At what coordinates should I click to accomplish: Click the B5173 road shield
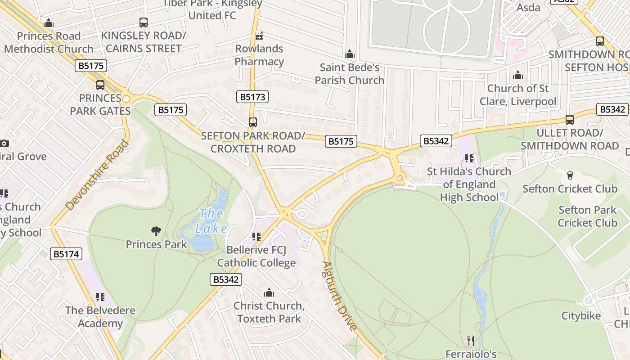tap(252, 97)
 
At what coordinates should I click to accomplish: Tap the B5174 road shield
tap(66, 254)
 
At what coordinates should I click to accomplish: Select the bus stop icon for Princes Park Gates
tap(100, 85)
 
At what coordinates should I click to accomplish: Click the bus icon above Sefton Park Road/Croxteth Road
tap(253, 122)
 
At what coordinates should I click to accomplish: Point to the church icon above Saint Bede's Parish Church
tap(350, 54)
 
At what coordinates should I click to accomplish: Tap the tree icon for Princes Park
tap(156, 231)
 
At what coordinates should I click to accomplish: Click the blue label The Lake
tap(211, 221)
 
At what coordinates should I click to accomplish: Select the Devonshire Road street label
tap(97, 175)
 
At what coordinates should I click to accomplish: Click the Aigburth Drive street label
tap(340, 296)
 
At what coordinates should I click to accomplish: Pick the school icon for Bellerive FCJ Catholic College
tap(256, 237)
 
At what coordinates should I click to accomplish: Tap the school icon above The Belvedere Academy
tap(100, 297)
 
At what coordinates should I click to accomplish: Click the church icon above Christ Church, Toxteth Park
tap(269, 293)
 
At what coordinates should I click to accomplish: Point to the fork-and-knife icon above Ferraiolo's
tap(471, 341)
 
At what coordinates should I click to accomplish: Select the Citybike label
tap(581, 316)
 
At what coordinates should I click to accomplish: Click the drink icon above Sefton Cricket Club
tap(570, 175)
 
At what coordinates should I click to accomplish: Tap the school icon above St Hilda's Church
tap(469, 158)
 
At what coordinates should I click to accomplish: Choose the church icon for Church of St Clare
tap(518, 75)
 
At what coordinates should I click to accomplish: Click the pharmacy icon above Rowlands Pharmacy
tap(259, 36)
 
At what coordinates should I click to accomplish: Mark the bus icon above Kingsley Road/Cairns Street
tap(144, 22)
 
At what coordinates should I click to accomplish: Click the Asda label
tap(528, 7)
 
